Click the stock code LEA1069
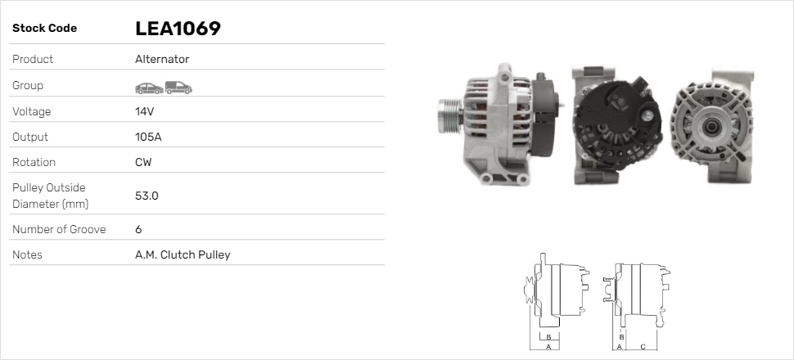pyautogui.click(x=178, y=29)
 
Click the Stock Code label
pyautogui.click(x=44, y=29)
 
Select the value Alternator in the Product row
pyautogui.click(x=162, y=59)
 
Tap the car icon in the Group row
pyautogui.click(x=149, y=88)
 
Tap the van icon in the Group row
pyautogui.click(x=178, y=88)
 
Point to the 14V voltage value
pyautogui.click(x=144, y=111)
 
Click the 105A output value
pyautogui.click(x=148, y=137)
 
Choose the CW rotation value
pyautogui.click(x=143, y=162)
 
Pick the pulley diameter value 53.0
pyautogui.click(x=147, y=196)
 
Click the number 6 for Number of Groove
pyautogui.click(x=138, y=229)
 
